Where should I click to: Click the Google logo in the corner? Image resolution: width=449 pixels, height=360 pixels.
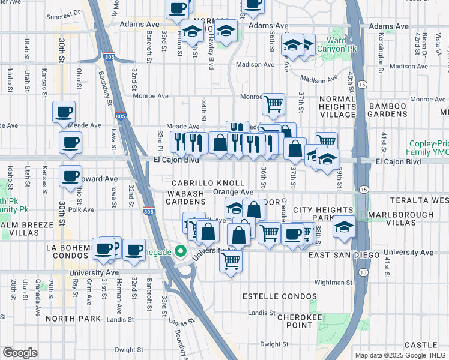20,353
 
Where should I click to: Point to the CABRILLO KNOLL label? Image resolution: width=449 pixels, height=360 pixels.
208,182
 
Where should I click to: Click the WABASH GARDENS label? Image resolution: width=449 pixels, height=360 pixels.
186,197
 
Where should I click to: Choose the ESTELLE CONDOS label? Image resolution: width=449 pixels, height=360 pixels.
279,297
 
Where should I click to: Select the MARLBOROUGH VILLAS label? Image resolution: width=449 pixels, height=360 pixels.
411,218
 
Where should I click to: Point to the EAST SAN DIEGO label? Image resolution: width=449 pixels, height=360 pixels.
344,256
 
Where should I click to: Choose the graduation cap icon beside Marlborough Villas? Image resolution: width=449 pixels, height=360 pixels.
343,227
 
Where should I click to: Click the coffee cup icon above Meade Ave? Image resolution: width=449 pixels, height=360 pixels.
64,112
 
